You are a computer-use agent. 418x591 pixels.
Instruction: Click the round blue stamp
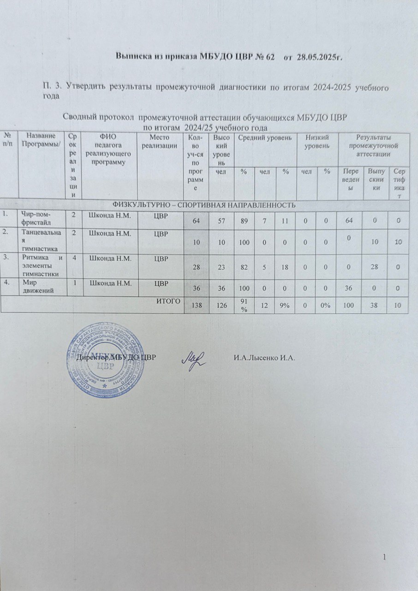point(107,356)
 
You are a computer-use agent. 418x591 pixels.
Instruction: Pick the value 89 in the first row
point(243,221)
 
